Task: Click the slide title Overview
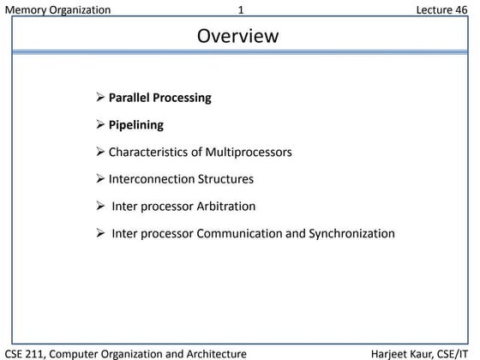tap(238, 36)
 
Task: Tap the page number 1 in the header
tap(241, 9)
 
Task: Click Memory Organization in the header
tap(57, 9)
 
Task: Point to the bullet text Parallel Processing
tap(159, 98)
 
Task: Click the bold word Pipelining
tap(135, 125)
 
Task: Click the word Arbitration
tap(227, 207)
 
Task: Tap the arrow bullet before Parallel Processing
tap(100, 98)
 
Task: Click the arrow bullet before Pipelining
tap(100, 125)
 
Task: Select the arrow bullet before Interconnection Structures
tap(100, 179)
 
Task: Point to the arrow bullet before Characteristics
tap(100, 153)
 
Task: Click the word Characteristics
tap(150, 153)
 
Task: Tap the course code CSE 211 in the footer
tap(25, 353)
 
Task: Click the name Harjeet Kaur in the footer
tap(402, 353)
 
